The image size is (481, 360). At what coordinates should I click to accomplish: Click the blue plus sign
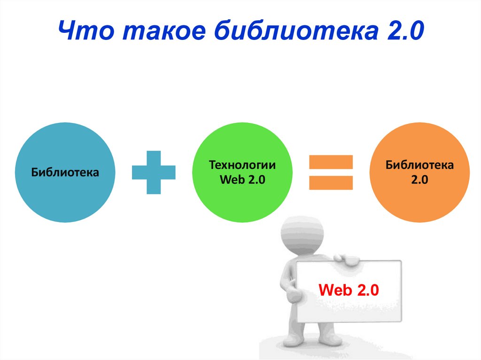[x=153, y=172]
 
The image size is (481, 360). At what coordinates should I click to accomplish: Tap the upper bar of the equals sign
[x=331, y=162]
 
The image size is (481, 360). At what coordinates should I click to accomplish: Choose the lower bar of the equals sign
[x=331, y=182]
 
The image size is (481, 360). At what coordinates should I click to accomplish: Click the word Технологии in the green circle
[x=242, y=166]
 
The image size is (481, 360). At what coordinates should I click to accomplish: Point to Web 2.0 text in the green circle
[x=242, y=180]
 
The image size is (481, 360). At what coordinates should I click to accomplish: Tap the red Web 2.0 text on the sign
[x=348, y=290]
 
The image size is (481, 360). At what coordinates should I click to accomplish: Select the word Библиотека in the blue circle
[x=65, y=172]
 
